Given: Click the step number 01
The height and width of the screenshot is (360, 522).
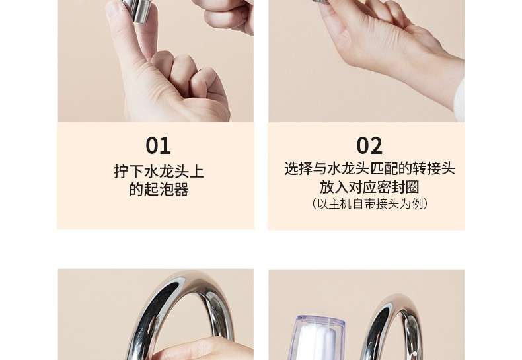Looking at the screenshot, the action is click(x=158, y=145).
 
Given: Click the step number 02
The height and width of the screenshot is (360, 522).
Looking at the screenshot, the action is click(x=369, y=145).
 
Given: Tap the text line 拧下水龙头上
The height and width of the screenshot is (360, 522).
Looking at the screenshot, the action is click(x=159, y=171).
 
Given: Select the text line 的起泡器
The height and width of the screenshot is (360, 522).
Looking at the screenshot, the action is click(x=159, y=190).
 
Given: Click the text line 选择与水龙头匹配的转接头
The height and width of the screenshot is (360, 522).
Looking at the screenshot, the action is click(x=369, y=168).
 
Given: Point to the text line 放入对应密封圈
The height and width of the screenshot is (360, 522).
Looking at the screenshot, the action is click(x=369, y=187).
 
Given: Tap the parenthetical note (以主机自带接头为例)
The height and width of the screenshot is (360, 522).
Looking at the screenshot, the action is click(x=369, y=203).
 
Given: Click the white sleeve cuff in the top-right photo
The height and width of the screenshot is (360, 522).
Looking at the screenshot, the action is click(x=460, y=100).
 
